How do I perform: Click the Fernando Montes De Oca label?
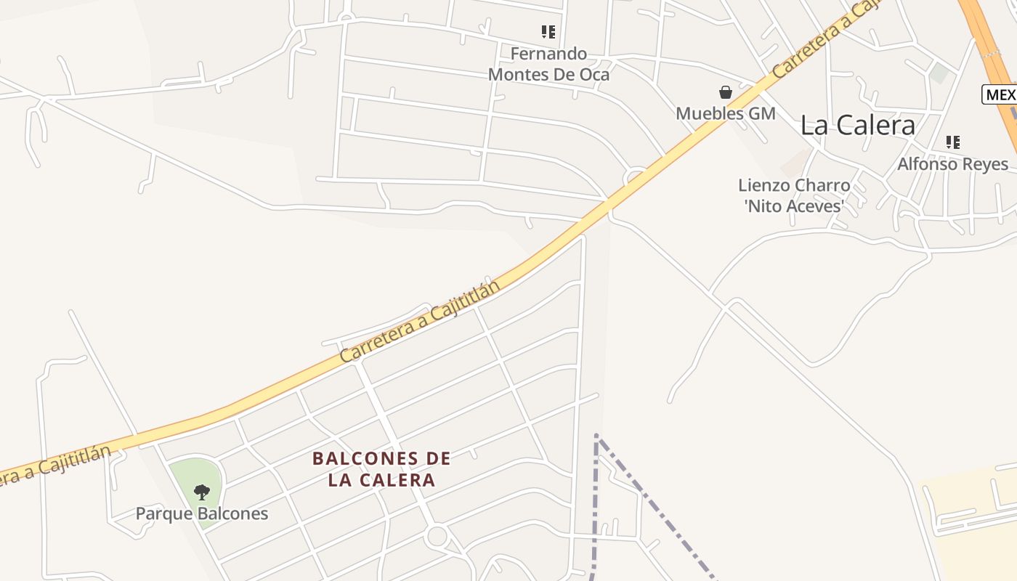click(x=548, y=64)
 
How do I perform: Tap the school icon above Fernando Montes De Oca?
click(x=548, y=32)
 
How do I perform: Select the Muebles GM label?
click(x=726, y=113)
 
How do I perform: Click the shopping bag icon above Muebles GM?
click(x=725, y=92)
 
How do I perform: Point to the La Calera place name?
click(x=857, y=125)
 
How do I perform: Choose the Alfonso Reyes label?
click(x=952, y=164)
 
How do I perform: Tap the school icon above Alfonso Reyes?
click(x=953, y=142)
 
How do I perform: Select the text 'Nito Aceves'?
click(x=795, y=206)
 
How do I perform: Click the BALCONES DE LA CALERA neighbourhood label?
click(x=381, y=469)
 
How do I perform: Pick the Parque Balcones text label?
click(x=202, y=514)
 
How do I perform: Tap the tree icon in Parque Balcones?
click(x=202, y=492)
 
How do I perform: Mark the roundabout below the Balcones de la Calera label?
click(x=437, y=537)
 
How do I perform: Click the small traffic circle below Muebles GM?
click(x=636, y=177)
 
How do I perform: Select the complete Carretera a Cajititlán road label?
click(x=421, y=322)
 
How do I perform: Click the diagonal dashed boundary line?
click(x=654, y=505)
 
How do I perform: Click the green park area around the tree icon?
click(x=185, y=472)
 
